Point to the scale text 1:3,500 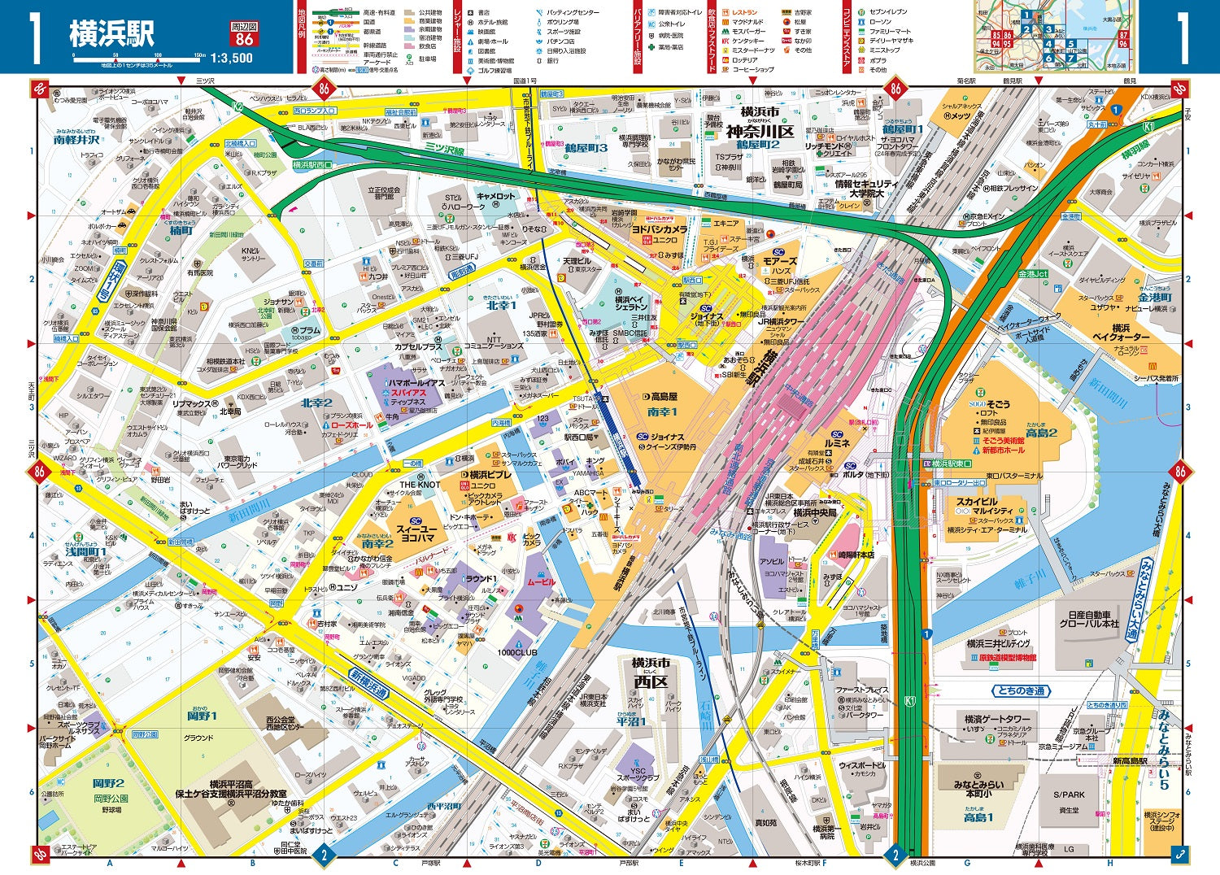click(231, 59)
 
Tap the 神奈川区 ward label click(759, 131)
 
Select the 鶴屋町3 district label click(586, 148)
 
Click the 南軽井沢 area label click(76, 140)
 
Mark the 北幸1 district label click(501, 305)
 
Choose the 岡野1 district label click(202, 716)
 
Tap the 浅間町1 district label click(86, 551)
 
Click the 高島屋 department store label click(663, 397)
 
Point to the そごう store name click(998, 403)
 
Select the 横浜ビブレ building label click(490, 474)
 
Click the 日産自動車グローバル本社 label click(1088, 619)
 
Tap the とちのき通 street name click(1022, 690)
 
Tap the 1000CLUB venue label click(517, 652)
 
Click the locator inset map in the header click(1055, 37)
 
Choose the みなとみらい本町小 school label click(978, 789)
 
